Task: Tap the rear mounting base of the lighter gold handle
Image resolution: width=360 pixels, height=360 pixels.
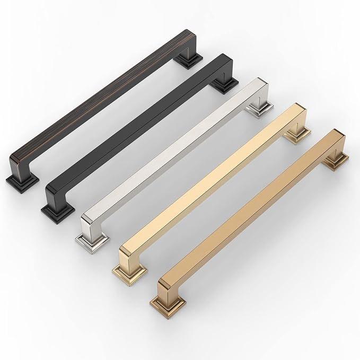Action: [x=295, y=135]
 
